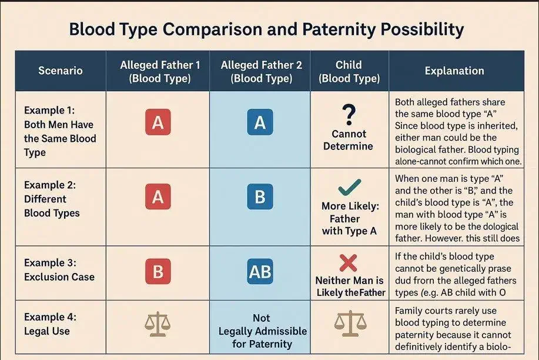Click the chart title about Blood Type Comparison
click(266, 30)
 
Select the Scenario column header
click(61, 71)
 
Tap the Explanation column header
click(454, 71)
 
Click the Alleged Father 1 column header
click(158, 71)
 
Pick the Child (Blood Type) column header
click(349, 71)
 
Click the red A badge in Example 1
click(158, 123)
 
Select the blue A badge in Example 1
click(260, 123)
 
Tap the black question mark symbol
click(349, 112)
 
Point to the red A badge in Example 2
click(158, 197)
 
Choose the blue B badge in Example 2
click(260, 197)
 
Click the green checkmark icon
click(349, 188)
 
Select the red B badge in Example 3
click(158, 272)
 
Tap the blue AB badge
click(260, 272)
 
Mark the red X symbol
click(349, 262)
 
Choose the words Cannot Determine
click(349, 140)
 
